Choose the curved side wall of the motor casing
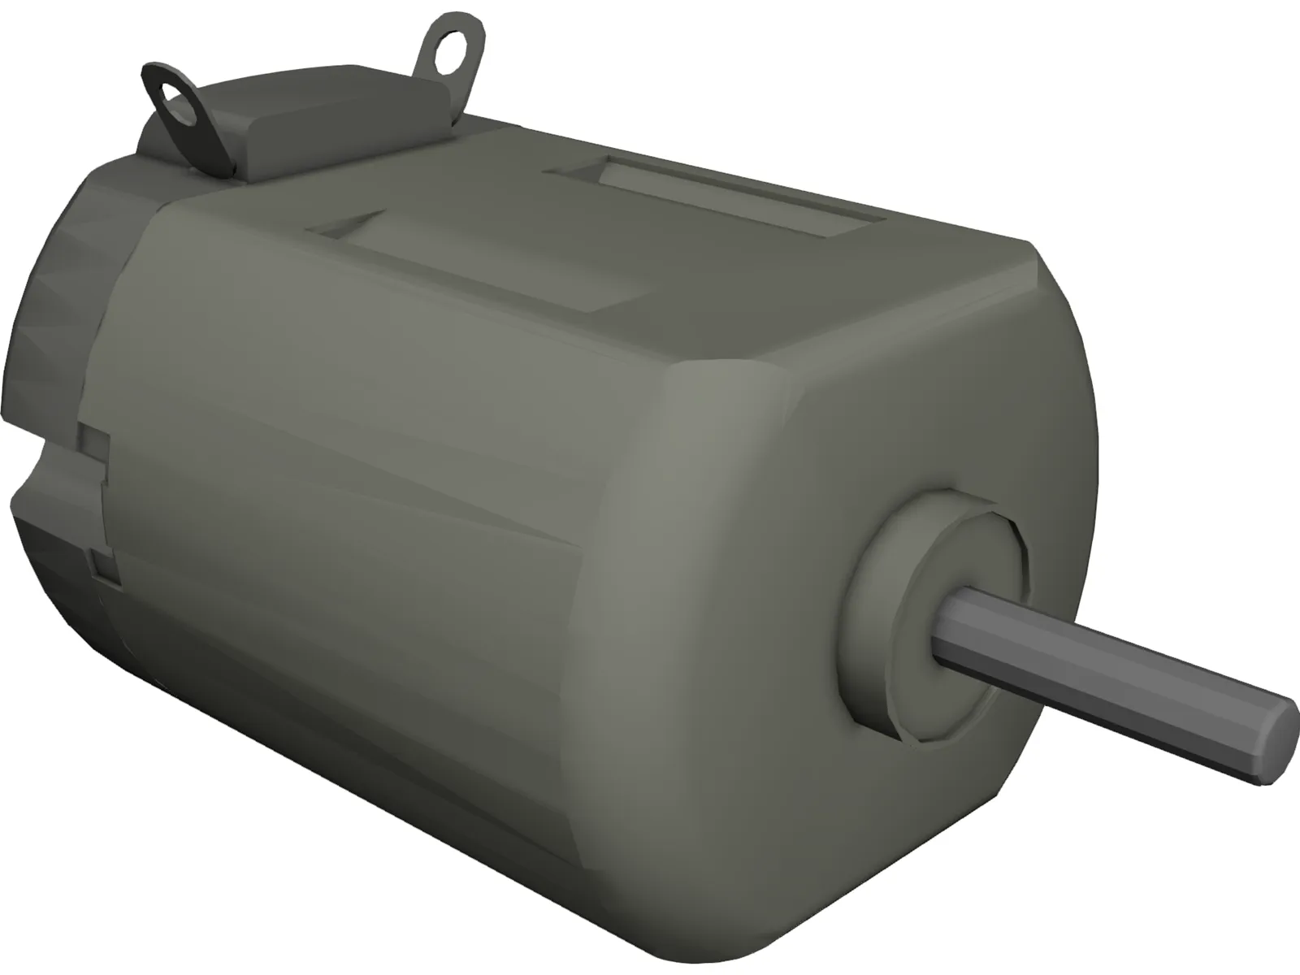tap(366, 455)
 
